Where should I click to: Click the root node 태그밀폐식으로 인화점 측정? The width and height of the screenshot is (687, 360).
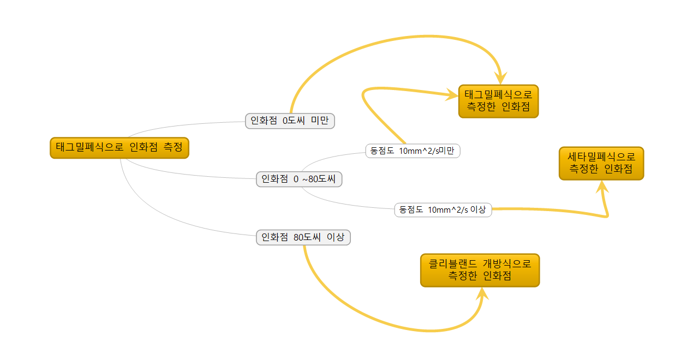[x=119, y=147]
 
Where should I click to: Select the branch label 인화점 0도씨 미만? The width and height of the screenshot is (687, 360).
[x=290, y=121]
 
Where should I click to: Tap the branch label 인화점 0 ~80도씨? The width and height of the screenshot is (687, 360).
[x=299, y=179]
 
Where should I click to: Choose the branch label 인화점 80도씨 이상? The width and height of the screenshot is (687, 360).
[x=303, y=237]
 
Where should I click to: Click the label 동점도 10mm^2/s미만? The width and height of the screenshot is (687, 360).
[x=413, y=151]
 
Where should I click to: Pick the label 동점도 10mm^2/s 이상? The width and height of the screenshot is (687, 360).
[x=443, y=209]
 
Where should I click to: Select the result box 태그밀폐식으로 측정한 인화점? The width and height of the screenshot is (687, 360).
[x=498, y=101]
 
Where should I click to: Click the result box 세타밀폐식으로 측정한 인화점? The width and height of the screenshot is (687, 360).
[x=601, y=163]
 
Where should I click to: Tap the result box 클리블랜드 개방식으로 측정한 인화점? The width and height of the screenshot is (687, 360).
[x=480, y=270]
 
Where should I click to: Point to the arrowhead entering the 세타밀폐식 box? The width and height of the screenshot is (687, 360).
[x=602, y=187]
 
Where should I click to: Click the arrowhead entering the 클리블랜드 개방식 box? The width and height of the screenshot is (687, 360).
[x=481, y=294]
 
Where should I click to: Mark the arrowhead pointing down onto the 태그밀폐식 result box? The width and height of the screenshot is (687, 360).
[x=500, y=78]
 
